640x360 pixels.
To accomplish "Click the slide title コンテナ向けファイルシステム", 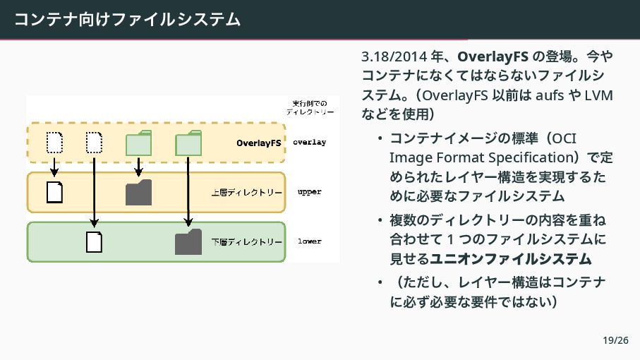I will [x=127, y=18].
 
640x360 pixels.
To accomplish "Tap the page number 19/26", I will [x=615, y=341].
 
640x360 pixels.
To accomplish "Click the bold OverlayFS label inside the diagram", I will [x=258, y=143].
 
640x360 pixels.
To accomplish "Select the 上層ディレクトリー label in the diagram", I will [x=247, y=192].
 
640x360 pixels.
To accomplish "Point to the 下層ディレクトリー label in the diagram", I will [x=247, y=241].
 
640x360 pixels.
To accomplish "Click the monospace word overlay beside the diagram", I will [x=309, y=143].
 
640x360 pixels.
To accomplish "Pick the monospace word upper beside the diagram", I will [x=309, y=192].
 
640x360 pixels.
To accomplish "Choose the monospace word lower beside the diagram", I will [x=309, y=241].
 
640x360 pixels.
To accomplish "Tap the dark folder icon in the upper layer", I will [x=138, y=192].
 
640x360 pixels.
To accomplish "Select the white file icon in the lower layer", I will [x=95, y=241].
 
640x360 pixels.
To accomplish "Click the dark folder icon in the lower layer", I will [x=188, y=241].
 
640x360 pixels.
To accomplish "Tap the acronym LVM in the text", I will [x=599, y=95].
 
